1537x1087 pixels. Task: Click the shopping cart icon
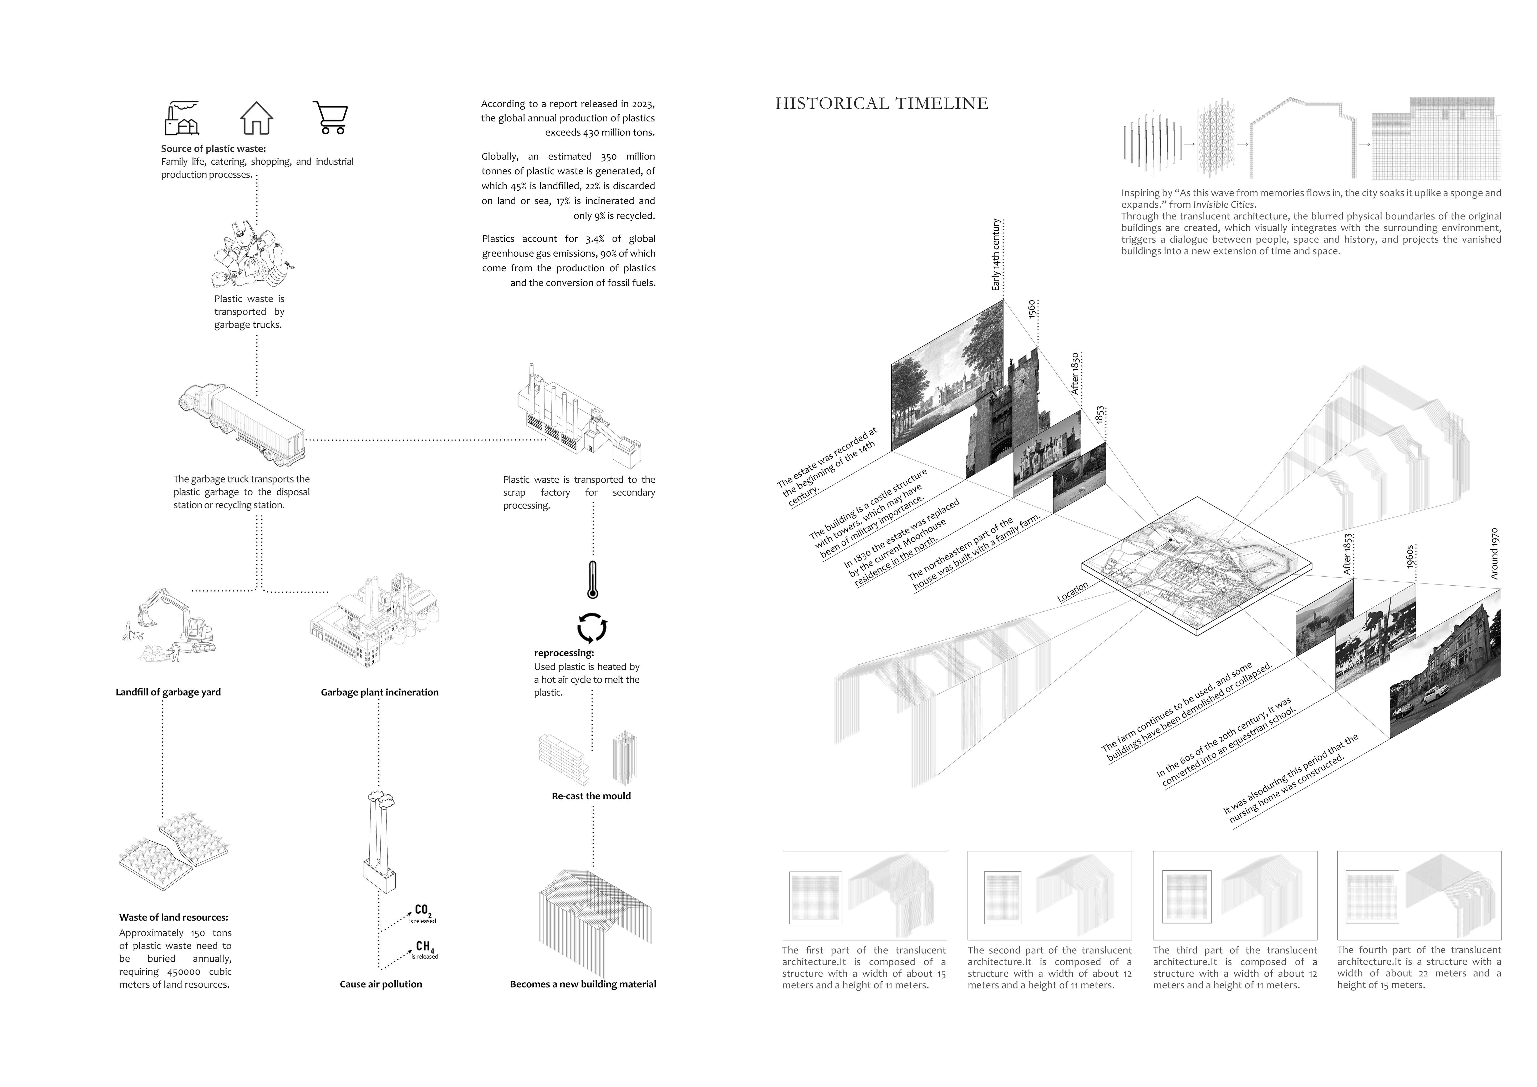click(x=330, y=118)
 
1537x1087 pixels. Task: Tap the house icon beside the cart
click(x=256, y=119)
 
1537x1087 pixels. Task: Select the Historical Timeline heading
click(x=882, y=103)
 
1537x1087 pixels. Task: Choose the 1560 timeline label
click(x=1032, y=309)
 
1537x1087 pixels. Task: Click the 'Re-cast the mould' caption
click(x=591, y=796)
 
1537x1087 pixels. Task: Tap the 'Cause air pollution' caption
click(x=381, y=984)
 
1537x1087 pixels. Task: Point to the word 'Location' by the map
click(x=1072, y=592)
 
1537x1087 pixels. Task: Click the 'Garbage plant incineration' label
click(x=380, y=692)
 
